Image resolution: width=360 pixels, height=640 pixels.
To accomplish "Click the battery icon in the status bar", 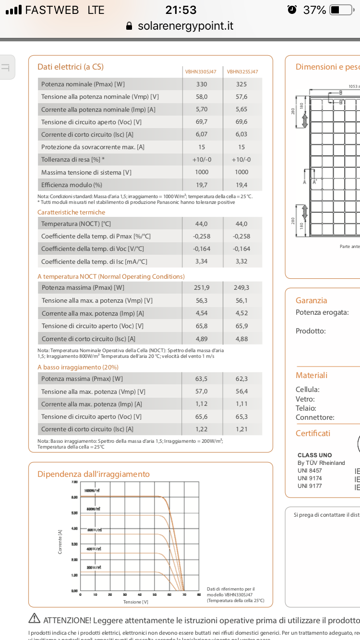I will (341, 10).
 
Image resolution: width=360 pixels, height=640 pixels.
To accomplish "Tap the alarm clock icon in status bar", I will (292, 10).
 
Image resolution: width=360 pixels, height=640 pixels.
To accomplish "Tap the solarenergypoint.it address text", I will (185, 26).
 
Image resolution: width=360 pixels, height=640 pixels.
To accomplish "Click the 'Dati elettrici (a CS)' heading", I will (71, 67).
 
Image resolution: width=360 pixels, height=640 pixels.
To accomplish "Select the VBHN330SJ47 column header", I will (201, 72).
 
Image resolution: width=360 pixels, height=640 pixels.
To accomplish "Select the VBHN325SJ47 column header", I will (242, 72).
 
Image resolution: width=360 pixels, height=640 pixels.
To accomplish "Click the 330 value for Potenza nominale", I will (202, 84).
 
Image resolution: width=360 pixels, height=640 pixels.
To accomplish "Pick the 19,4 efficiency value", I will (241, 185).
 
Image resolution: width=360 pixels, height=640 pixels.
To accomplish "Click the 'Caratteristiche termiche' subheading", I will (71, 212).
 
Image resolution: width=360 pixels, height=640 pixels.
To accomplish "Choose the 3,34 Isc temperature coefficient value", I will (202, 261).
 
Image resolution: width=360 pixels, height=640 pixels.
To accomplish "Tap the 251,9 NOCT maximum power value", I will (202, 288).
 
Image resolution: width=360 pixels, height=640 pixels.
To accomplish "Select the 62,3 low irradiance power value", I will (241, 379).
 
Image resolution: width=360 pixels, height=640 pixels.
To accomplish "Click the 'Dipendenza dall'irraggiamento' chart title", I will (94, 474).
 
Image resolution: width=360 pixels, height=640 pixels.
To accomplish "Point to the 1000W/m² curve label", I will (92, 491).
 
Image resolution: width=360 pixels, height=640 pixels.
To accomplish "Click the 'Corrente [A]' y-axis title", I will (60, 542).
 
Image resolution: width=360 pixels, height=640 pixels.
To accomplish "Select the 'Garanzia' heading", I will (311, 300).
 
